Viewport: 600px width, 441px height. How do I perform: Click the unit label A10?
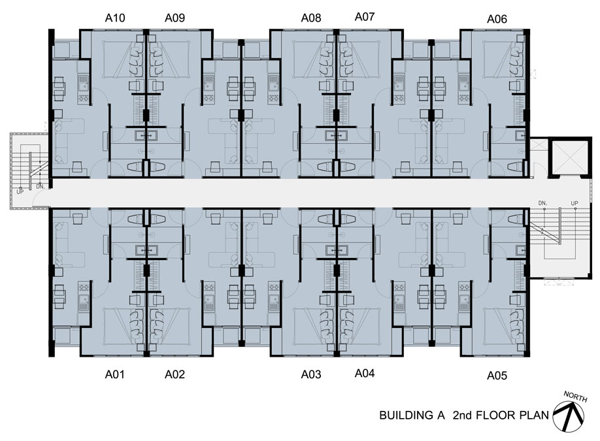point(115,18)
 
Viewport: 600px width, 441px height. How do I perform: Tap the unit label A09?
point(175,18)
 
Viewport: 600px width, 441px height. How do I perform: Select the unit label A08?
point(311,18)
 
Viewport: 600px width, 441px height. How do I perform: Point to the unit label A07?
point(365,17)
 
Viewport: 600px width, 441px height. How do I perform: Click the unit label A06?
point(497,19)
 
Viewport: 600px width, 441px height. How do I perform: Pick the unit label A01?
point(115,374)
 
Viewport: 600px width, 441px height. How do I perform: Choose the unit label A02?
point(175,374)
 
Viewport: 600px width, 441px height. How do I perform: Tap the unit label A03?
point(311,374)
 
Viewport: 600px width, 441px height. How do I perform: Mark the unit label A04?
point(365,373)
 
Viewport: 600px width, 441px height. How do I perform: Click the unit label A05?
point(497,376)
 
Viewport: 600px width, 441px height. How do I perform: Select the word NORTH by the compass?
point(576,397)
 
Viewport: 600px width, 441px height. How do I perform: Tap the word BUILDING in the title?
point(407,416)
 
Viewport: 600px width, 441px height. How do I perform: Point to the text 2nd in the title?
point(463,416)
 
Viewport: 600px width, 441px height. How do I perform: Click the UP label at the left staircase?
point(20,191)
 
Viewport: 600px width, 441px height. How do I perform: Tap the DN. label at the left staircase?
point(40,187)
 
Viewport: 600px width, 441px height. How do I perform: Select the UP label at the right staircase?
point(575,203)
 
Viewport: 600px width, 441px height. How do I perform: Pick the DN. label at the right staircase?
point(542,203)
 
